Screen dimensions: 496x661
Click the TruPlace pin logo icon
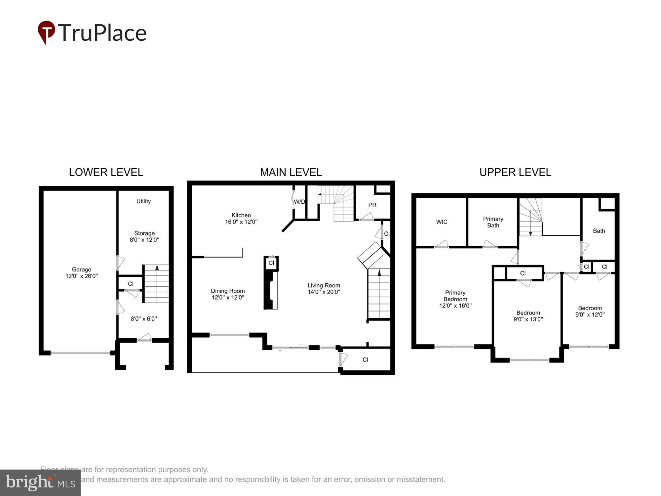pos(46,32)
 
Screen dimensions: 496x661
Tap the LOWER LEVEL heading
pos(106,172)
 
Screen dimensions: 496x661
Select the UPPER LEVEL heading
pos(515,172)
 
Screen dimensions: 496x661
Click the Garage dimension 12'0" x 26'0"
pos(82,276)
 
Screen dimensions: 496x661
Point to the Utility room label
pos(143,201)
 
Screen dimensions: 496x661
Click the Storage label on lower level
pos(144,233)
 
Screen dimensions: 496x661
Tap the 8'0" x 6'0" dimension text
pos(144,319)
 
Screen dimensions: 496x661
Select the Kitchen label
pos(241,215)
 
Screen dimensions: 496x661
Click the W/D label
pos(299,202)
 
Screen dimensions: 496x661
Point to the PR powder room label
pos(372,205)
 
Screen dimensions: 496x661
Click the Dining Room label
pos(228,291)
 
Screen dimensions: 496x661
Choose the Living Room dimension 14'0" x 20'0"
pos(324,292)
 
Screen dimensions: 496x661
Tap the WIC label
pos(442,222)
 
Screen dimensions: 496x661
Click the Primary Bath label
pos(493,222)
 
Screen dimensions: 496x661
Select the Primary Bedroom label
pos(455,296)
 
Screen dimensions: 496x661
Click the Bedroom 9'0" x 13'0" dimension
pos(528,319)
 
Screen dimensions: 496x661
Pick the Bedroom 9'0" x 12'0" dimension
pos(590,315)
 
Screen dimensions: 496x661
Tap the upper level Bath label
pos(599,231)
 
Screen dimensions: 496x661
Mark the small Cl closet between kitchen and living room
pos(271,263)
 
